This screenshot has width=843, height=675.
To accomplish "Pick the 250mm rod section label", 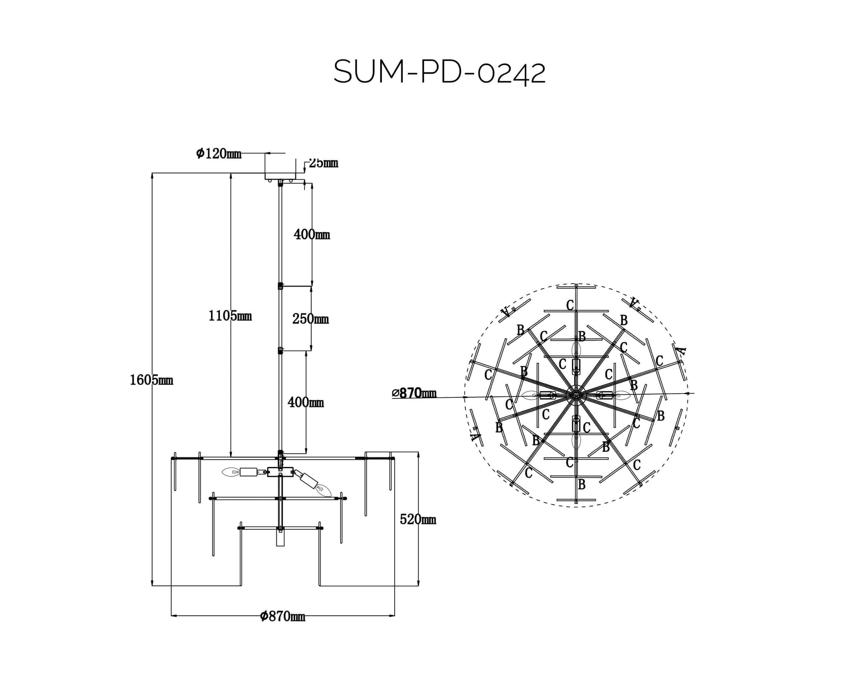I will coord(311,319).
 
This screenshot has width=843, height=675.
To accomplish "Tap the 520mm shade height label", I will coord(418,520).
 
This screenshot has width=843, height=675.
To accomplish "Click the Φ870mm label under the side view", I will coord(282,616).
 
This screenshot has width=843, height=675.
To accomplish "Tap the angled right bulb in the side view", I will coord(323,489).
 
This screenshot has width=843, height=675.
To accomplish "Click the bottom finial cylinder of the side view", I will coord(280,538).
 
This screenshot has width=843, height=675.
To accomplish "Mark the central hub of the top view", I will coord(576,396).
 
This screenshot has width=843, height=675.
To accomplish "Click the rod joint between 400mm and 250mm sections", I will coord(280,286).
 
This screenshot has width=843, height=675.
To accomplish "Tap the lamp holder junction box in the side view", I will coord(280,472).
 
